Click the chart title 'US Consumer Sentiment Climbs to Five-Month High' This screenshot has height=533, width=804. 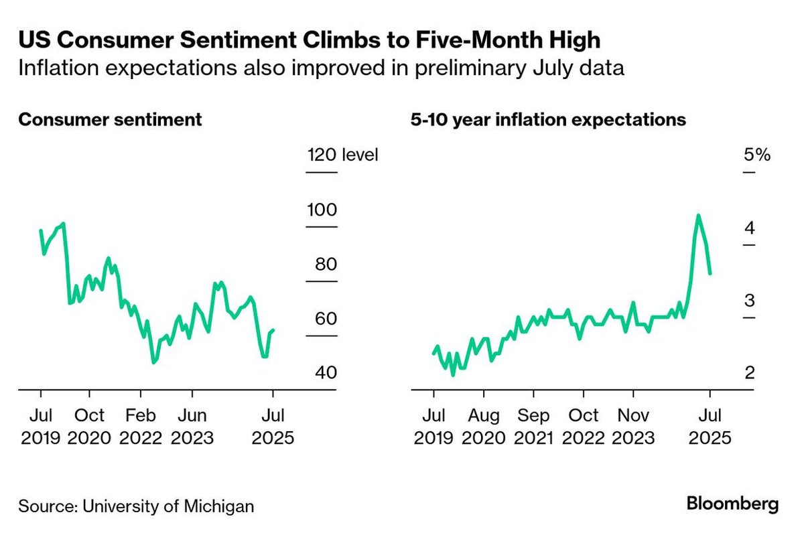[x=309, y=41]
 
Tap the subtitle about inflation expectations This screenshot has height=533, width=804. [x=321, y=69]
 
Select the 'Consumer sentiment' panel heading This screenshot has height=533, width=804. [x=110, y=120]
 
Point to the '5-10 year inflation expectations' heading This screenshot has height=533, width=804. [x=548, y=120]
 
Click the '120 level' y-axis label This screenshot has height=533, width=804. [x=342, y=155]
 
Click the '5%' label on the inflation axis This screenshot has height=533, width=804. [x=757, y=155]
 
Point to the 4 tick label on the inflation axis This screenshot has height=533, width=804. [x=750, y=228]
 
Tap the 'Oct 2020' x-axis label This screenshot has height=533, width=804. [x=89, y=427]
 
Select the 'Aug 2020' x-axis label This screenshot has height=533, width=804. [x=483, y=427]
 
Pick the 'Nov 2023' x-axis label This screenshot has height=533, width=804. [x=632, y=427]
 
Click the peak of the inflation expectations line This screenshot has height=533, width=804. [x=698, y=216]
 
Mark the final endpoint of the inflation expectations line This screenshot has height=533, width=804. [x=710, y=273]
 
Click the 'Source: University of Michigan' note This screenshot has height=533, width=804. [x=136, y=506]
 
